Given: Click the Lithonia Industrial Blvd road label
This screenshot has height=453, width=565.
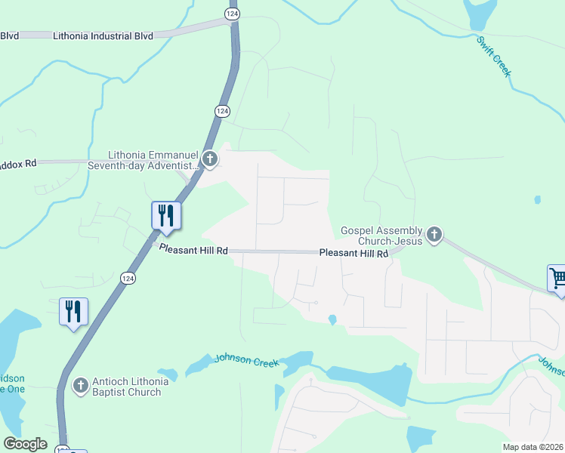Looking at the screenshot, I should click(x=103, y=35).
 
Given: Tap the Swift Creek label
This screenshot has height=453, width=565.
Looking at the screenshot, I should click(x=495, y=57).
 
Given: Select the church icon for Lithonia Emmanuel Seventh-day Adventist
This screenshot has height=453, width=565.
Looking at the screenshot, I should click(x=211, y=159).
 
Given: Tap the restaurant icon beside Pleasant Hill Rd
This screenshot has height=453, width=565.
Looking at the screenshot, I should click(x=165, y=216).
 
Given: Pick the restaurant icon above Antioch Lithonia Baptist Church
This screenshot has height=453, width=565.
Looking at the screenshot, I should click(x=73, y=312).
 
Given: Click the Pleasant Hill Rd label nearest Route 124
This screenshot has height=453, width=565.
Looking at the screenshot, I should click(x=193, y=250).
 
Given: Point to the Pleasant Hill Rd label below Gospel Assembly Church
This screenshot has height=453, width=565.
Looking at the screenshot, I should click(x=353, y=254).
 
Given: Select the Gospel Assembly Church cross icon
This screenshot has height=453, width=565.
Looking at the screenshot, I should click(x=434, y=235).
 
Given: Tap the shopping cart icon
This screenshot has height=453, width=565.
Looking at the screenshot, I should click(x=557, y=278).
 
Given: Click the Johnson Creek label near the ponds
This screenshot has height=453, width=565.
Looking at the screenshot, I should click(x=247, y=361).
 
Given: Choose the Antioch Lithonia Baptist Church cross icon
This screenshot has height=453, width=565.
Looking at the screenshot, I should click(x=80, y=386).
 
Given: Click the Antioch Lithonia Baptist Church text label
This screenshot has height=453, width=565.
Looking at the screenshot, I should click(x=126, y=387).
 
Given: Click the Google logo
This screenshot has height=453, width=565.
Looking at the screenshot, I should click(x=25, y=444).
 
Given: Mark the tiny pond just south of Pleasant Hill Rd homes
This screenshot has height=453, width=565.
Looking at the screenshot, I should click(x=332, y=320).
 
